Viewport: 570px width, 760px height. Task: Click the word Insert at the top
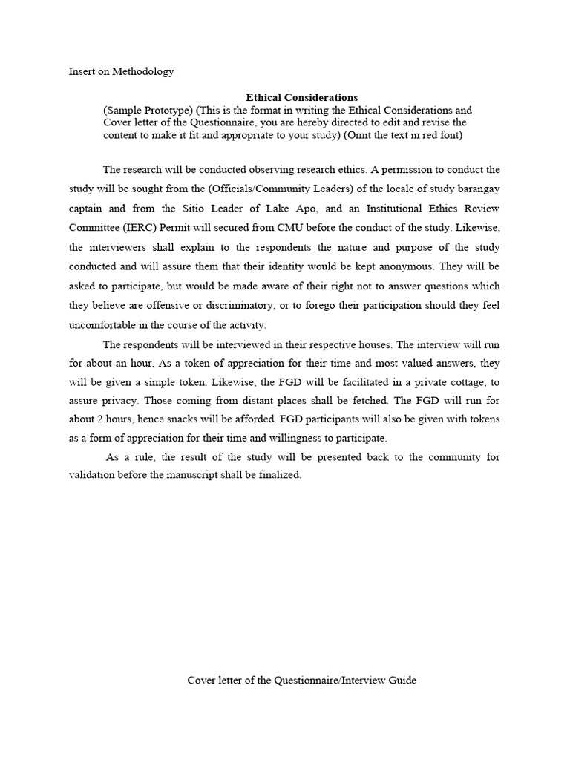point(82,72)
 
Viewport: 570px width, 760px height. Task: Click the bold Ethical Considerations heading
point(301,97)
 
